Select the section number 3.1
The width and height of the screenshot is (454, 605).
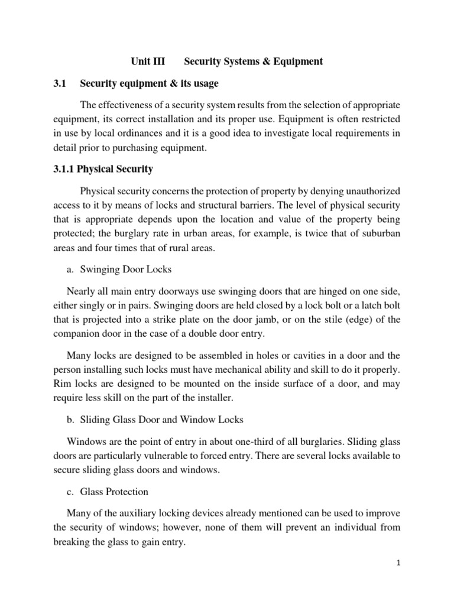tap(61, 83)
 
